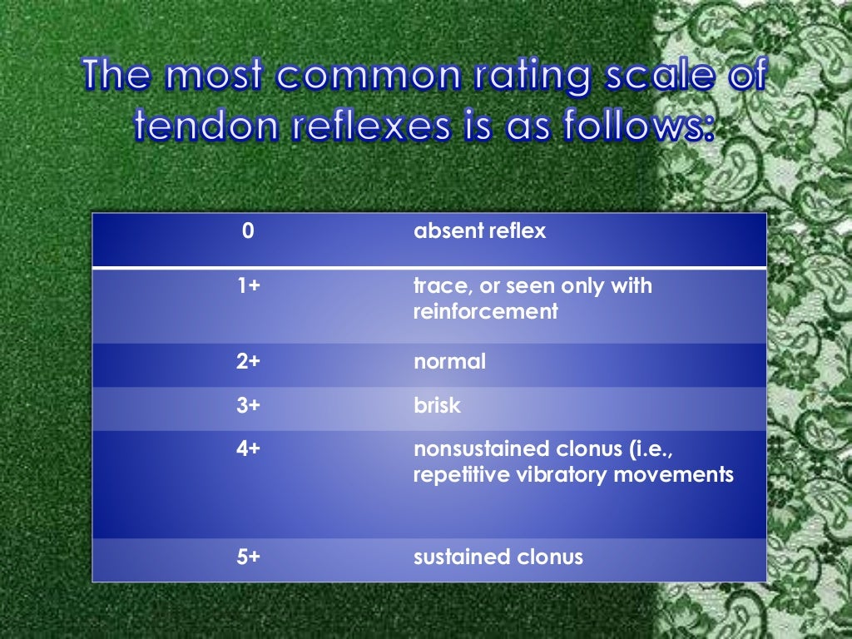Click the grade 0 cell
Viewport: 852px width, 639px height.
[x=248, y=231]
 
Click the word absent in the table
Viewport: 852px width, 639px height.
[x=445, y=231]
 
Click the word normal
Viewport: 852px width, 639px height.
[x=450, y=362]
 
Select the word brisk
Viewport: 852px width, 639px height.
[x=438, y=406]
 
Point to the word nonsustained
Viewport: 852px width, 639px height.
[x=479, y=448]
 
